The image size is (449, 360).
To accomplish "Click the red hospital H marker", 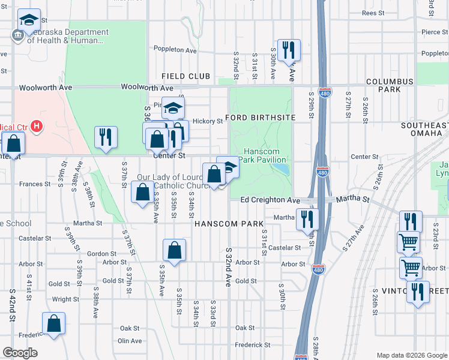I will [37, 127].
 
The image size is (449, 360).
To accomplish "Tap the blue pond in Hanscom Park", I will [280, 169].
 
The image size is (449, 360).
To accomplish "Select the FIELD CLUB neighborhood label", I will [186, 76].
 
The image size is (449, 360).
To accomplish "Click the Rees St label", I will [372, 13].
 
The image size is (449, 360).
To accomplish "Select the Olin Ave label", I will [130, 341].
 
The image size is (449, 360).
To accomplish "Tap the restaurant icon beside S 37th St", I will [106, 136].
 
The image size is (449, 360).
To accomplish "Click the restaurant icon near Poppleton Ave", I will [289, 51].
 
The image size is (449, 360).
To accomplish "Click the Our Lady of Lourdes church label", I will [174, 182].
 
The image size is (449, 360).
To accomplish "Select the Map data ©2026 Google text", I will [411, 355].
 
